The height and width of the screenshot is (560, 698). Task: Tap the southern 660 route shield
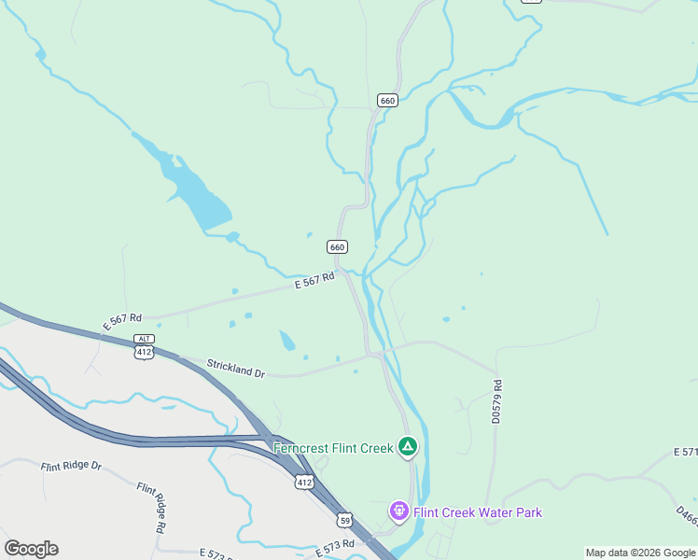(337, 246)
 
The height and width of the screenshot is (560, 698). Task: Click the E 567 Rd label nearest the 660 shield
(314, 281)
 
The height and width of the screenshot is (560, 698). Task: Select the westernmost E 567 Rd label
(122, 321)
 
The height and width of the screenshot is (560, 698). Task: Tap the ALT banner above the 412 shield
(144, 339)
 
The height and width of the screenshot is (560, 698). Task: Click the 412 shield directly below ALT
(144, 352)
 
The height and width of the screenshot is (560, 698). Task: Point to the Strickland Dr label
(236, 369)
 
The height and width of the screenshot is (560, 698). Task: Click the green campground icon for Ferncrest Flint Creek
(407, 447)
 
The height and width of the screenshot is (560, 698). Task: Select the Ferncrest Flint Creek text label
(333, 448)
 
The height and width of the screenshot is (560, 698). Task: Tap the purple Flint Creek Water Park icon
(398, 511)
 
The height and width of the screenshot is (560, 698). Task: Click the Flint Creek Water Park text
(477, 512)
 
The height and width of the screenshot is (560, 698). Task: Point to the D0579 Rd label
(496, 401)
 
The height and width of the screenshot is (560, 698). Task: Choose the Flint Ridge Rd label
(151, 507)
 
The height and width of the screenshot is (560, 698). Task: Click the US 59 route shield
(345, 520)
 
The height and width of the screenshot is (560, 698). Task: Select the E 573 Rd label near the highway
(335, 547)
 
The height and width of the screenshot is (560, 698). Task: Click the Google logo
(31, 549)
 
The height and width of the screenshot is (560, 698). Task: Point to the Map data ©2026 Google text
(640, 553)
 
